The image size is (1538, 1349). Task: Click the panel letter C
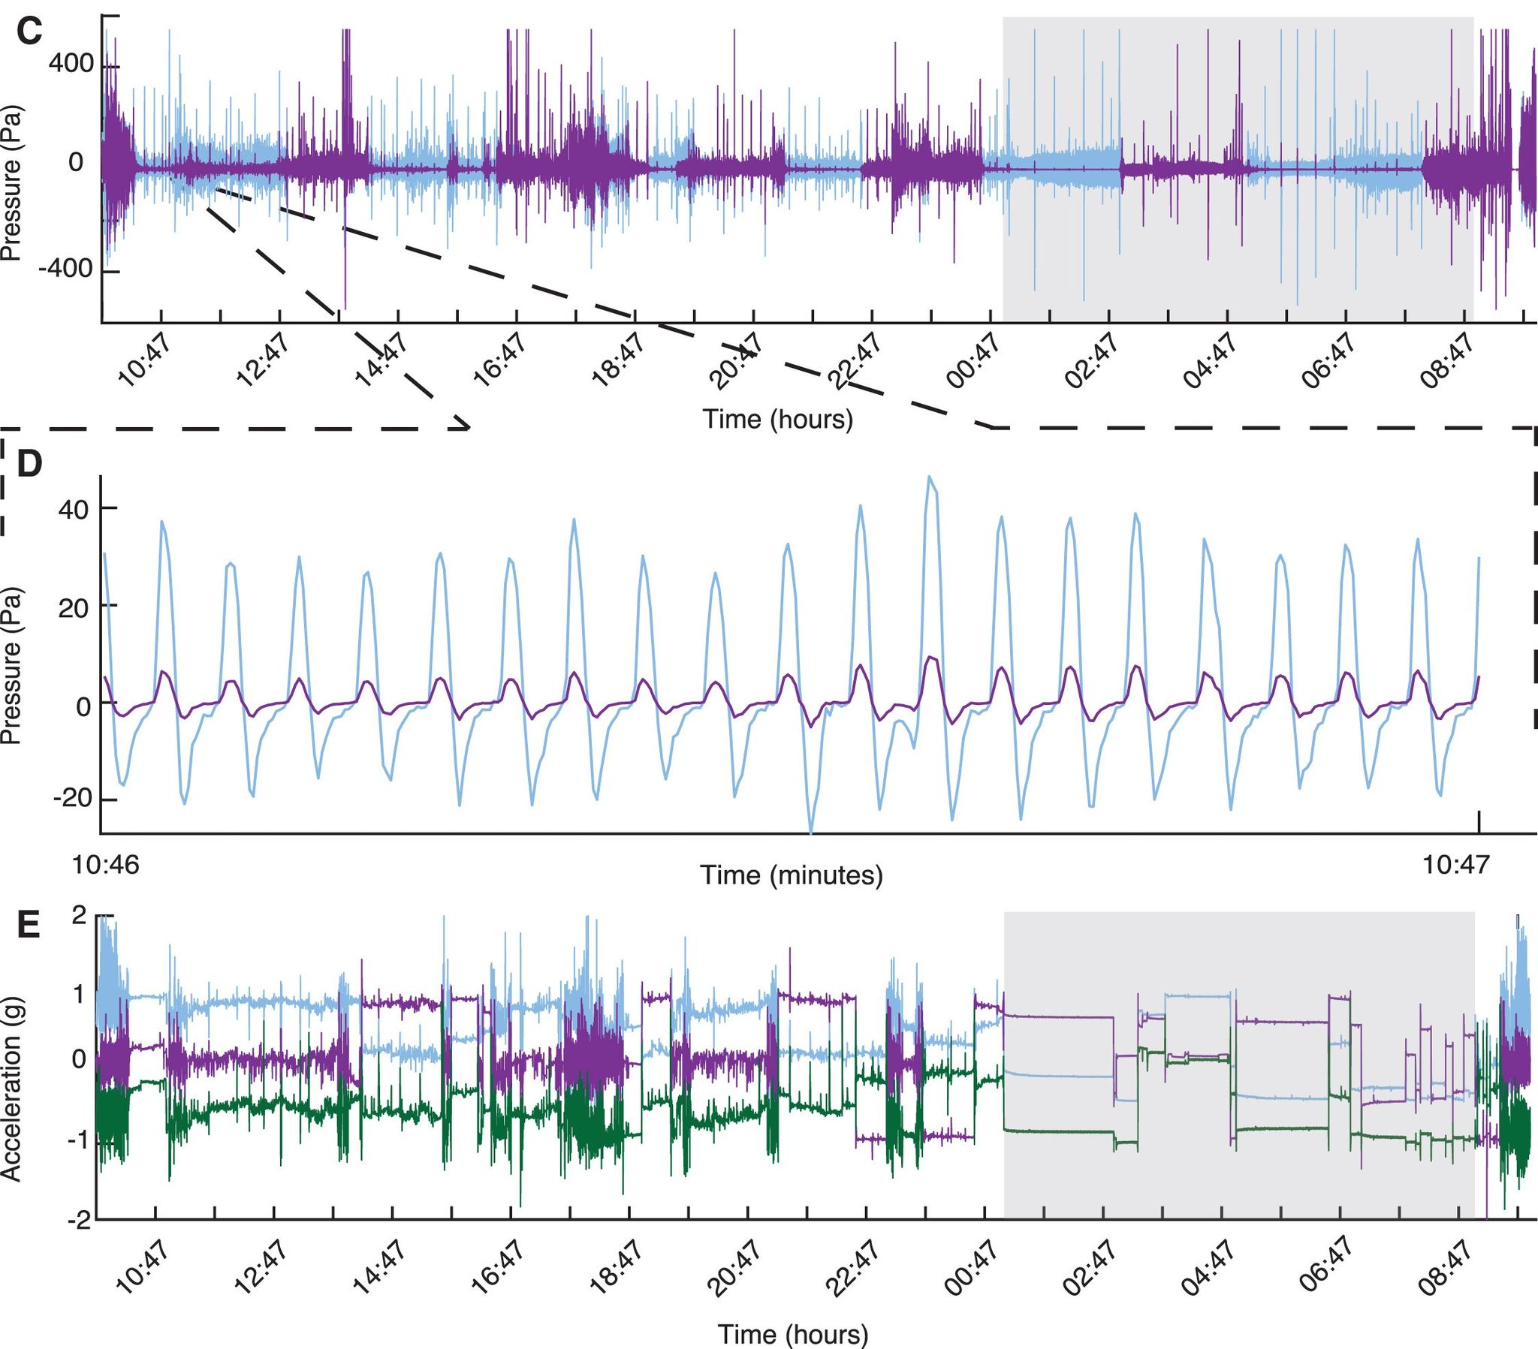tap(29, 32)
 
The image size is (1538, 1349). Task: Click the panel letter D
tap(29, 464)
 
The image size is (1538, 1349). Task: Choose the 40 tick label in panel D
tap(73, 510)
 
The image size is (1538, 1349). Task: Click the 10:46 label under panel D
tap(105, 866)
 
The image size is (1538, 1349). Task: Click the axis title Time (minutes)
tap(791, 875)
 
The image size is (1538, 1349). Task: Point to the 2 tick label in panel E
tap(79, 916)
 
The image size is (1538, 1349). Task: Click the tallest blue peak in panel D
tap(930, 477)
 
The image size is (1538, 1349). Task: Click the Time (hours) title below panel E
tap(792, 1335)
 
